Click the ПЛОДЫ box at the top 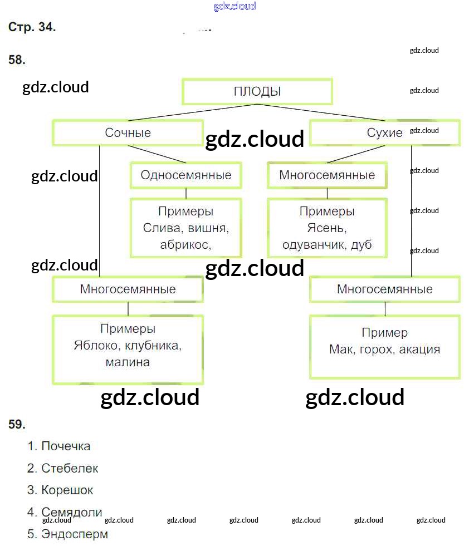pyautogui.click(x=257, y=91)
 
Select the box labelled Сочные pyautogui.click(x=128, y=132)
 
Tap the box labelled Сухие pyautogui.click(x=384, y=132)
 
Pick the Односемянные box pyautogui.click(x=185, y=175)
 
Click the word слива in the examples pyautogui.click(x=159, y=228)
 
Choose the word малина pyautogui.click(x=128, y=362)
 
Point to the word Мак pyautogui.click(x=341, y=349)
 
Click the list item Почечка pyautogui.click(x=66, y=446)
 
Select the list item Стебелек pyautogui.click(x=70, y=468)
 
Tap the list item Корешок pyautogui.click(x=67, y=490)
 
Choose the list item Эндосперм pyautogui.click(x=75, y=534)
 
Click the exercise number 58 pyautogui.click(x=17, y=60)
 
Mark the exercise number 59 pyautogui.click(x=17, y=424)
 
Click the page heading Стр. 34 pyautogui.click(x=32, y=27)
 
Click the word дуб pyautogui.click(x=361, y=245)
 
